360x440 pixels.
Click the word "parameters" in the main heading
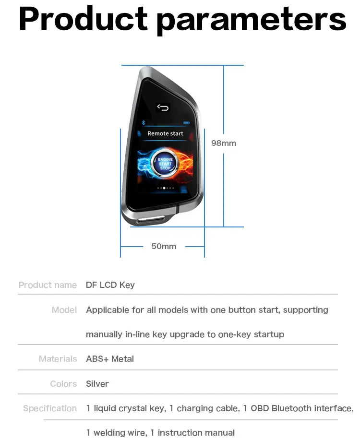tap(251, 20)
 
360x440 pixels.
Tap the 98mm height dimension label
tap(224, 143)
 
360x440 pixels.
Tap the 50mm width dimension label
tap(164, 246)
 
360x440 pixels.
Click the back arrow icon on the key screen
tap(163, 107)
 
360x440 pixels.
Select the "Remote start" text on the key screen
tap(165, 133)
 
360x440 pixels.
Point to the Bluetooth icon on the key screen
tap(143, 122)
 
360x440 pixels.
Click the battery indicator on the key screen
tap(186, 122)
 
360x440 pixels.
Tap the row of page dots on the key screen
tap(165, 188)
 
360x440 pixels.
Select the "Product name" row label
tap(48, 285)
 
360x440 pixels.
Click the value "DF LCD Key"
tap(110, 285)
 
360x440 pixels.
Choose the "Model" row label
tap(64, 310)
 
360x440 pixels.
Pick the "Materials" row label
tap(58, 359)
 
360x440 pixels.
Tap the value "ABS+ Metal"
tap(110, 359)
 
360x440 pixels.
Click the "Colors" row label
tap(63, 384)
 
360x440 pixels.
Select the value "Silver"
tap(97, 384)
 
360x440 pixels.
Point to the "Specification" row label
tap(50, 408)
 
